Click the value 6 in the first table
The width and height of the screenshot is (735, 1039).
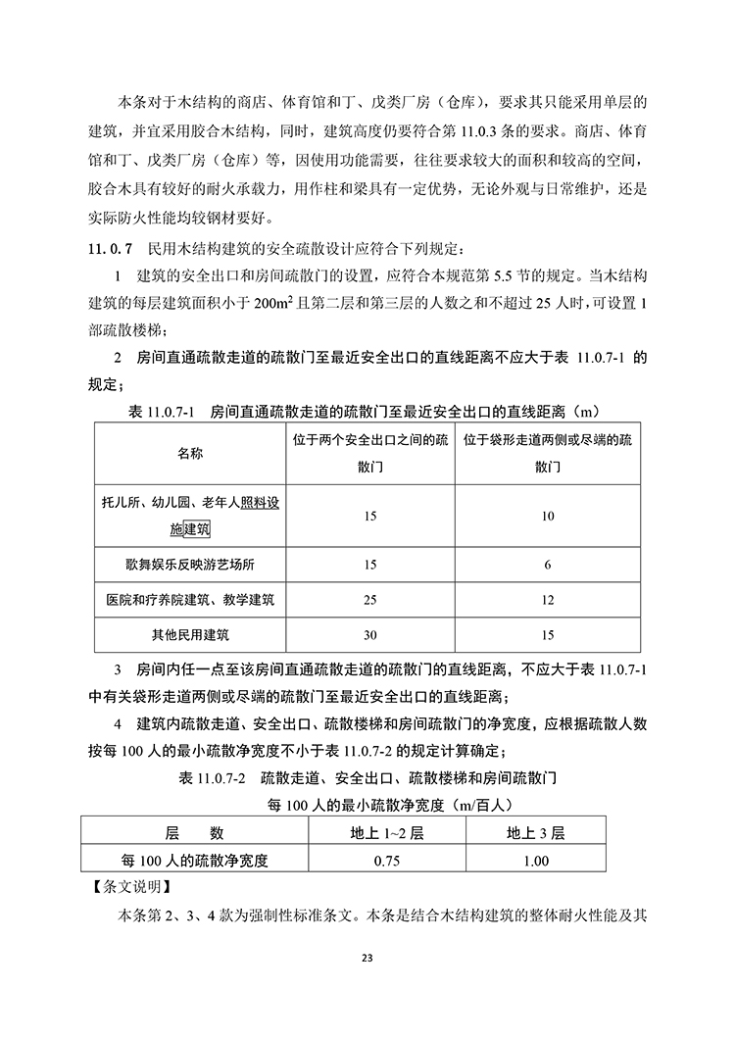tap(548, 565)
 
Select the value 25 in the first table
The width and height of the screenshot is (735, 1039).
tap(369, 599)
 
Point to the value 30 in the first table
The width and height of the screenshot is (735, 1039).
tap(369, 633)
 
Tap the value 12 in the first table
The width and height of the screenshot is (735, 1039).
tap(548, 599)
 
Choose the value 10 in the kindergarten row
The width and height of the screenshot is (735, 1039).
tap(548, 516)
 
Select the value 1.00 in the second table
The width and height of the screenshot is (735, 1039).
tap(536, 861)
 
